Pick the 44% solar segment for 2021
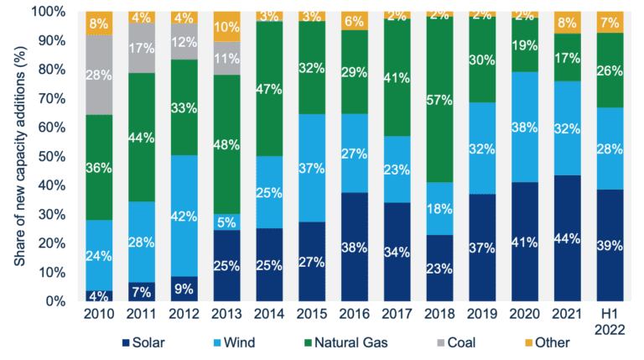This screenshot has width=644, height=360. tap(569, 237)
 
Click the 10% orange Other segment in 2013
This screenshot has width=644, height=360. tap(226, 26)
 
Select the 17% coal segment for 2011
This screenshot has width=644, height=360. tap(141, 48)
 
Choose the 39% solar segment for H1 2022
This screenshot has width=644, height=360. tap(611, 244)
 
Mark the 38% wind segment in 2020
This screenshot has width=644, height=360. tap(526, 127)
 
